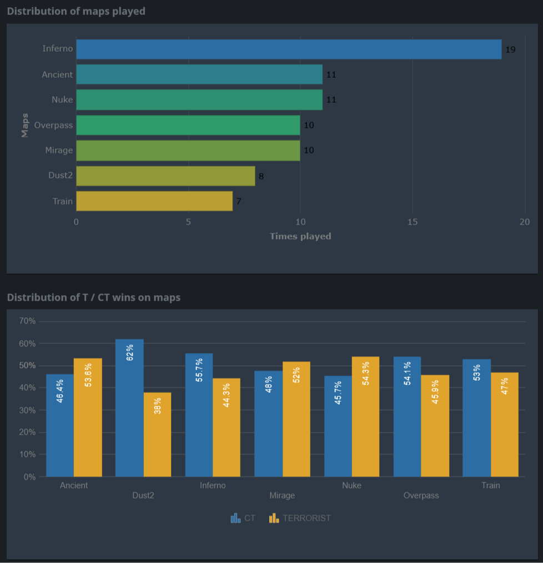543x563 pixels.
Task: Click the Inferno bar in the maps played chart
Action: pos(289,49)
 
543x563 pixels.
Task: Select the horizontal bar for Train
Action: pos(154,201)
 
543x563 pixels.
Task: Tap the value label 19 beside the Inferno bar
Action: pos(510,49)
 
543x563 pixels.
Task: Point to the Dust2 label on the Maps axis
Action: pos(61,176)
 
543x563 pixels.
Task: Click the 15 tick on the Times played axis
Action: pos(413,221)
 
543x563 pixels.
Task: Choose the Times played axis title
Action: pos(300,236)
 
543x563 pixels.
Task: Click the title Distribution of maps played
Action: pos(76,11)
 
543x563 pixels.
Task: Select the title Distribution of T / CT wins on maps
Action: pos(94,297)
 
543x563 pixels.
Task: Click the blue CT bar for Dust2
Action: pos(129,407)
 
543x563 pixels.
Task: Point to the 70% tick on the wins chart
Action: pos(27,321)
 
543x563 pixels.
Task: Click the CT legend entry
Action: pos(243,518)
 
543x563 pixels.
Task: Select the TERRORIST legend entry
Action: pos(300,518)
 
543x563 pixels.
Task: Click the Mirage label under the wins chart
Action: pos(282,495)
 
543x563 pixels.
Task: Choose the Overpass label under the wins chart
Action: pos(421,495)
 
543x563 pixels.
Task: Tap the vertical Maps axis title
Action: pos(25,125)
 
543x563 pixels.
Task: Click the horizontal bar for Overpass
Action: pos(188,125)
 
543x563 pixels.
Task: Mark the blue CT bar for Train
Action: pos(476,417)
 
